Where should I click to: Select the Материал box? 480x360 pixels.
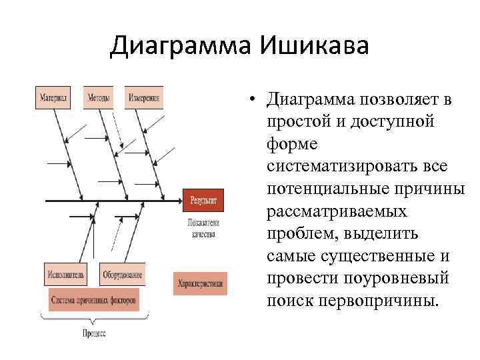pyautogui.click(x=54, y=97)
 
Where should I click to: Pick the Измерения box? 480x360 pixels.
pyautogui.click(x=144, y=97)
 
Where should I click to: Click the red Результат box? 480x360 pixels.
pyautogui.click(x=203, y=200)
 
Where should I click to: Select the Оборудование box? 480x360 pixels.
pyautogui.click(x=123, y=274)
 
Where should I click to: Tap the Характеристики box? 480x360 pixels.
pyautogui.click(x=200, y=283)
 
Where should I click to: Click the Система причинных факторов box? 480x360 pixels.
pyautogui.click(x=94, y=300)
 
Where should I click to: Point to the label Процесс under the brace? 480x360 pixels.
pyautogui.click(x=93, y=333)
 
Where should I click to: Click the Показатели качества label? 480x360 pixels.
pyautogui.click(x=203, y=229)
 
